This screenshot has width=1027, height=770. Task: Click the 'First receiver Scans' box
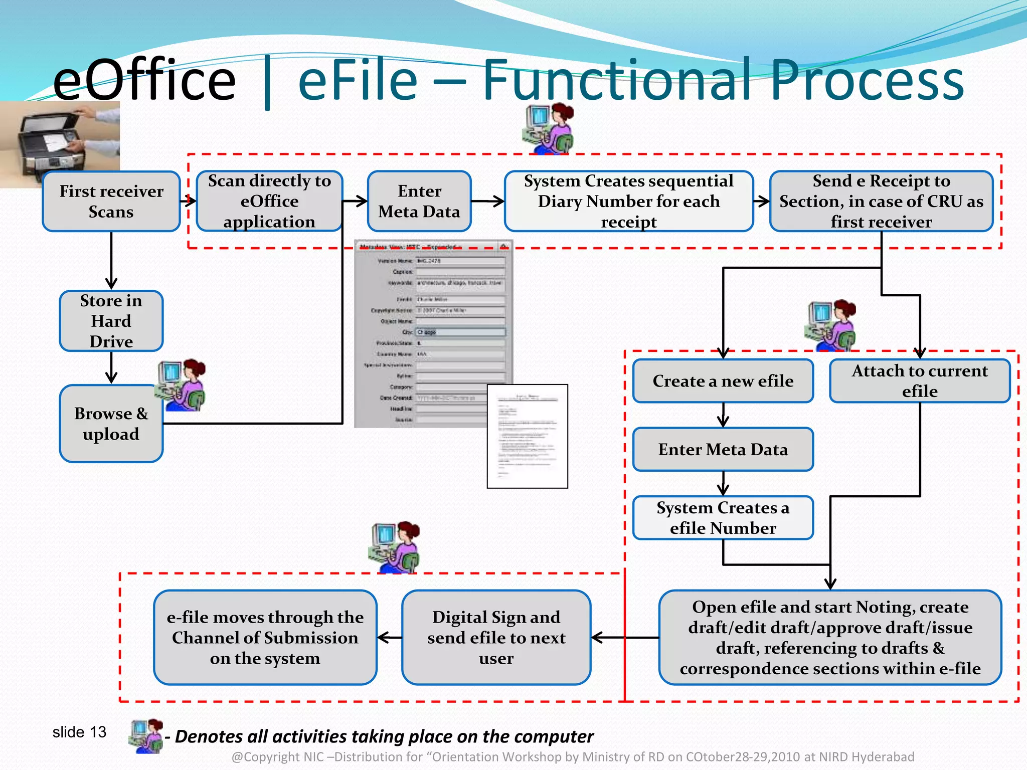(111, 202)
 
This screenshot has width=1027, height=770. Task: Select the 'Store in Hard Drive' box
(111, 321)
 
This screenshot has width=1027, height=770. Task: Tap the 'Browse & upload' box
(111, 424)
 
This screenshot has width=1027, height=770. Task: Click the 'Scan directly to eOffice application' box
(269, 202)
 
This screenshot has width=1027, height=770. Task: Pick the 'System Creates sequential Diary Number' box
(628, 202)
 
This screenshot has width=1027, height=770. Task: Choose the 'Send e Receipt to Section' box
(881, 202)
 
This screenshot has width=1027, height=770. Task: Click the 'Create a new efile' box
(723, 381)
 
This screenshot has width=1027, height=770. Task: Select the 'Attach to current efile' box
(920, 381)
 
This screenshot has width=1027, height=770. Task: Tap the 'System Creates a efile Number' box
(723, 518)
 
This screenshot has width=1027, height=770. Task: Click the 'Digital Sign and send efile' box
(496, 637)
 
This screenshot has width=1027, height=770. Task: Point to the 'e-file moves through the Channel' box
(265, 637)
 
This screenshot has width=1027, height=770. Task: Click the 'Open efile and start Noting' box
(830, 637)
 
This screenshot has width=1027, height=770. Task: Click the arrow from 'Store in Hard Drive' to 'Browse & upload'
(111, 368)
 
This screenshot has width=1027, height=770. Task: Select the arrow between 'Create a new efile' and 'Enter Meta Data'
(723, 415)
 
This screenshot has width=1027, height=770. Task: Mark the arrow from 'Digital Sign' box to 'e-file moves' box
(389, 638)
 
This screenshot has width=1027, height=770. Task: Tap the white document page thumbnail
(527, 436)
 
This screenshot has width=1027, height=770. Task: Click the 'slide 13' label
(79, 732)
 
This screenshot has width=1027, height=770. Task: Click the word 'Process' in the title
(867, 80)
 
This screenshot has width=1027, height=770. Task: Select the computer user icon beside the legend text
(146, 736)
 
